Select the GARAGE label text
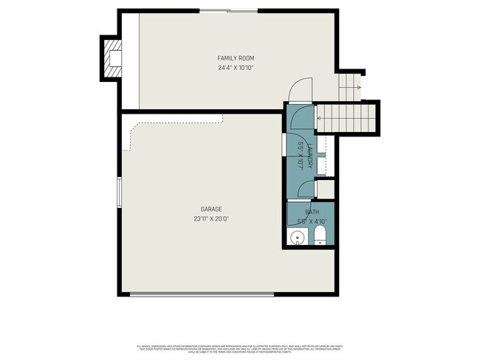(210, 209)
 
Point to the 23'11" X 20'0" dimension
(210, 218)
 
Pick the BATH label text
(312, 212)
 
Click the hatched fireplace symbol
(112, 58)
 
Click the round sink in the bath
(297, 237)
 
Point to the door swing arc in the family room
(301, 90)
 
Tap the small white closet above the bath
(326, 190)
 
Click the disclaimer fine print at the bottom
(239, 348)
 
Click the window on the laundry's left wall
(284, 144)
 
